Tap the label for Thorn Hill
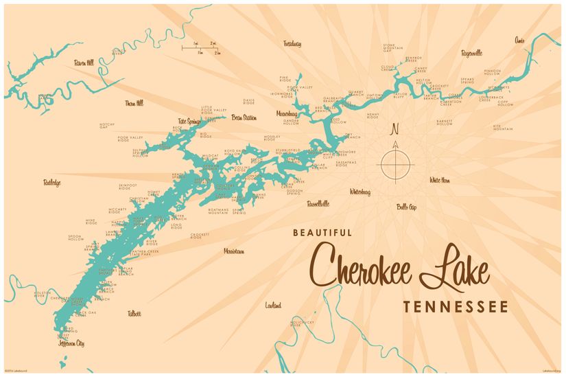134,103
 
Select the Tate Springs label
189,122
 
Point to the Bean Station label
244,117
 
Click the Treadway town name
292,43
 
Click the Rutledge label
52,183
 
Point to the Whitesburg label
359,192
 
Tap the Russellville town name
318,203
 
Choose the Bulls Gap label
407,206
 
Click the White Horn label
439,180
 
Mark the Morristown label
234,251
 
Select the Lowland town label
273,305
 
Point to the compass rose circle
394,163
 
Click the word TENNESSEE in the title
455,306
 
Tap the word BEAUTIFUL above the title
322,233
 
